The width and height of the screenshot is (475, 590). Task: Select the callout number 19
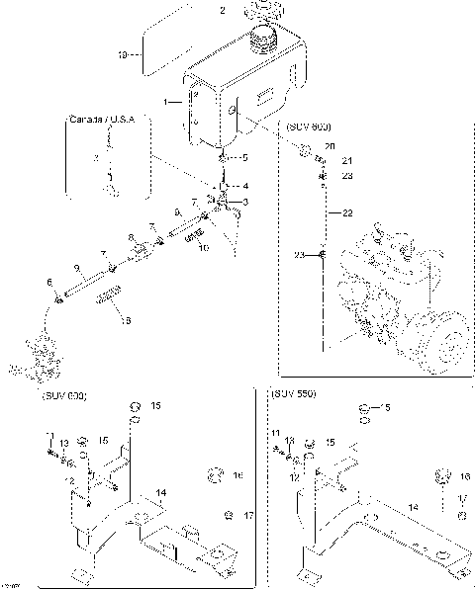(125, 55)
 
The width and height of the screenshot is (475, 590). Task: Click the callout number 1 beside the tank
(169, 102)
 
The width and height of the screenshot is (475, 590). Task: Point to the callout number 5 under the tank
(245, 158)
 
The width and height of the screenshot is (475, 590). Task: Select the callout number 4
(245, 186)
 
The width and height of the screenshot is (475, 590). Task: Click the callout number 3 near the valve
(245, 203)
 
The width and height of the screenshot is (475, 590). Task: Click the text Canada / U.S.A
(108, 120)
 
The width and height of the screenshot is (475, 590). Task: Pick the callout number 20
(330, 147)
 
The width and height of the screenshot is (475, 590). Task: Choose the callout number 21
(346, 161)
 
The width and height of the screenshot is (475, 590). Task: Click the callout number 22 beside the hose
(346, 212)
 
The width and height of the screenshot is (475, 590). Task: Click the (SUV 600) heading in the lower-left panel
(64, 395)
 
